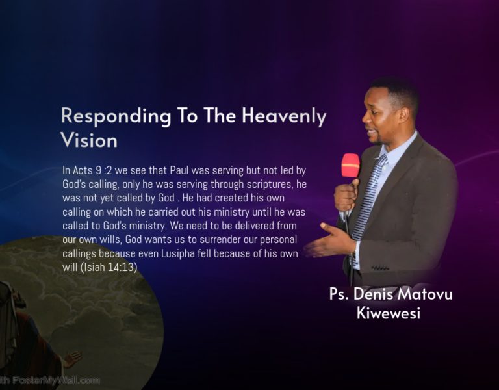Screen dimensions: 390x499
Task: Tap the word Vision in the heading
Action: pyautogui.click(x=89, y=140)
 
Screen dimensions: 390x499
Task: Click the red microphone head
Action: pyautogui.click(x=350, y=165)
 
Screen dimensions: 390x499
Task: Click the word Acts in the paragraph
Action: pyautogui.click(x=84, y=171)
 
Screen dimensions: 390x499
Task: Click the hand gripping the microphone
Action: pyautogui.click(x=346, y=195)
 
